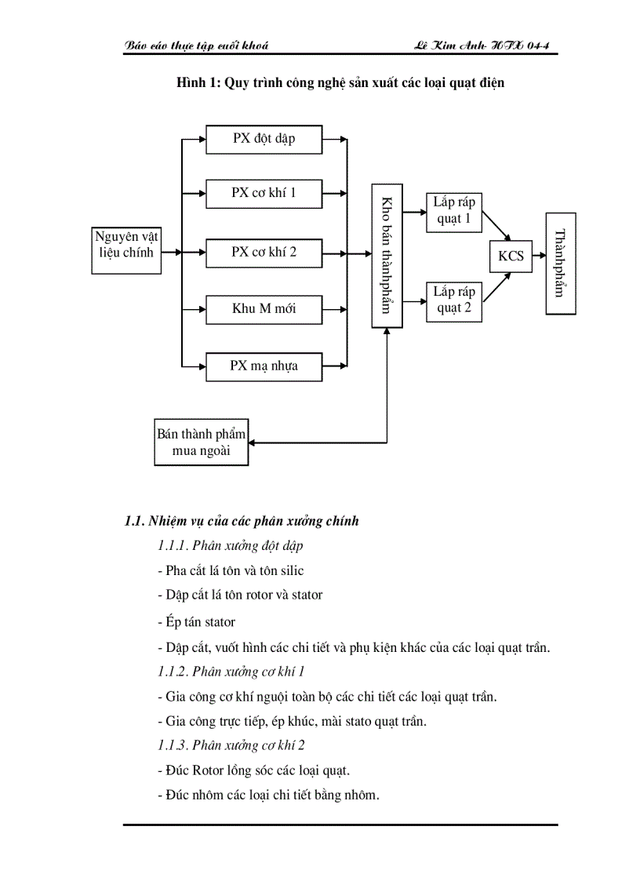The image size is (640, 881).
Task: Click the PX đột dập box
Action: point(264,140)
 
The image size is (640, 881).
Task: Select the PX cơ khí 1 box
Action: point(264,193)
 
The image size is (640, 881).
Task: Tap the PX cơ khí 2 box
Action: point(264,253)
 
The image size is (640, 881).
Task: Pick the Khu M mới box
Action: point(264,309)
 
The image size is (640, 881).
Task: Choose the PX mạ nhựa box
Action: point(264,366)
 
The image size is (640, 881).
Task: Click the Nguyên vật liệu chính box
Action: point(126,245)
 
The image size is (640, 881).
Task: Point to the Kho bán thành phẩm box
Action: point(387,256)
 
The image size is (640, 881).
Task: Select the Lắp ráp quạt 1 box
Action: point(454,211)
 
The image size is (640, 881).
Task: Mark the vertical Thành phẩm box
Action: point(560,263)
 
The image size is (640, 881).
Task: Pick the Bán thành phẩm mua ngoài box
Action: point(202,443)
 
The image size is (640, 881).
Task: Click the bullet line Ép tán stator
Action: point(196,622)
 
